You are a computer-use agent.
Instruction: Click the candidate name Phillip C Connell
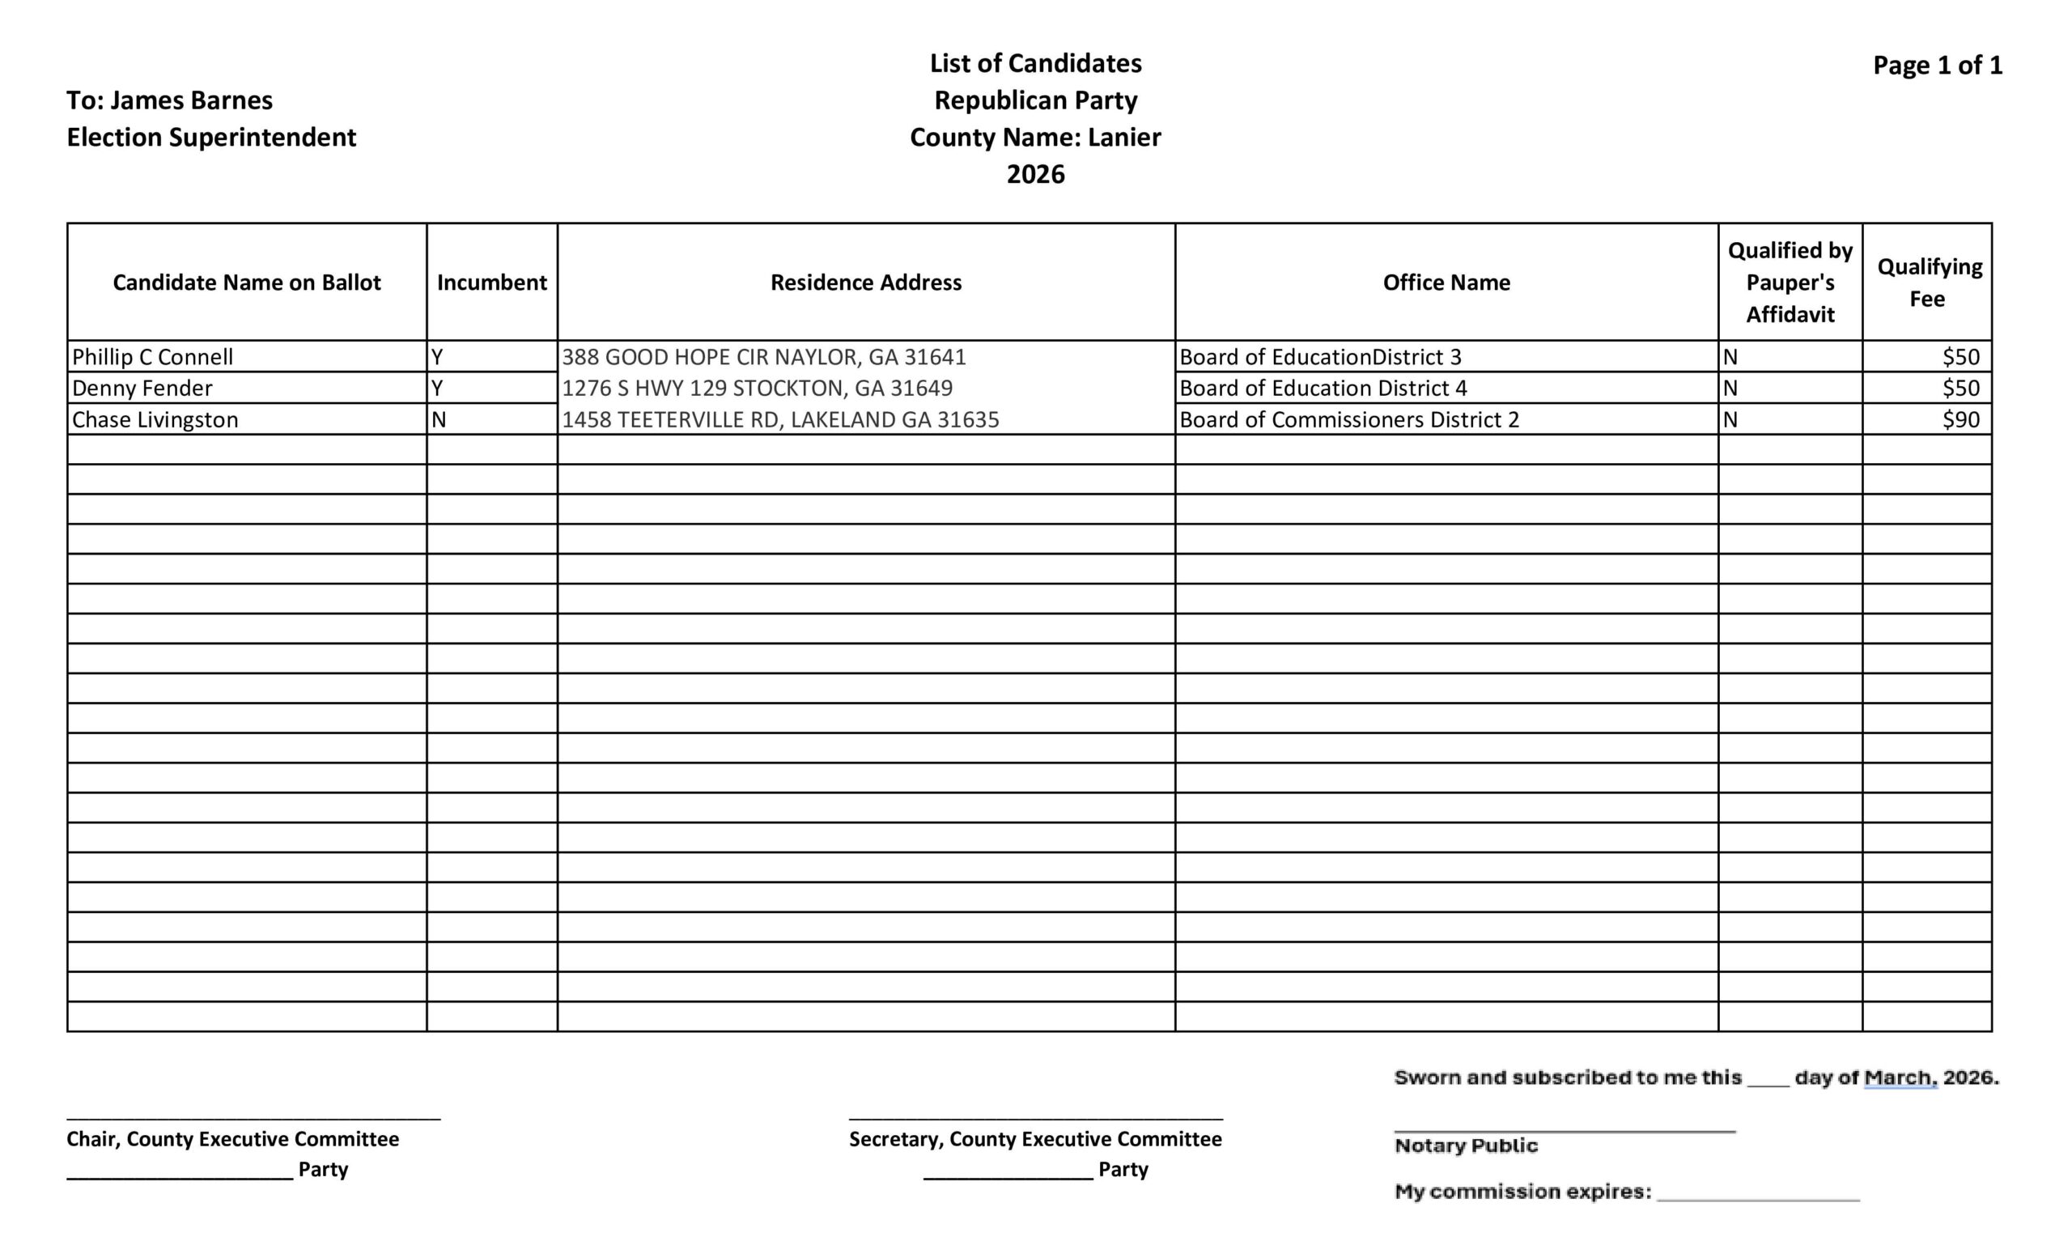pyautogui.click(x=152, y=356)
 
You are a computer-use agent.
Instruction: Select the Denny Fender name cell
pyautogui.click(x=142, y=388)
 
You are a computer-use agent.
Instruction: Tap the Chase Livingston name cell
pyautogui.click(x=155, y=419)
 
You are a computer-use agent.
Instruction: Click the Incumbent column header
pyautogui.click(x=491, y=282)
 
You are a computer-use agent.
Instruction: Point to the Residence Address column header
pyautogui.click(x=865, y=282)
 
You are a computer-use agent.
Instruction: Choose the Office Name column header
pyautogui.click(x=1446, y=282)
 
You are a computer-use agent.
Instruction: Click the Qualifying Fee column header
pyautogui.click(x=1929, y=282)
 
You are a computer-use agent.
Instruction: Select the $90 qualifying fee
pyautogui.click(x=1960, y=419)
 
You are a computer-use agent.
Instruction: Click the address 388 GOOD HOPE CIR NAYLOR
pyautogui.click(x=763, y=356)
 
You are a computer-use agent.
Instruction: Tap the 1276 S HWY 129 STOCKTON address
pyautogui.click(x=757, y=388)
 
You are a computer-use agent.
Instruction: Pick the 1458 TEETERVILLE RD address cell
pyautogui.click(x=779, y=419)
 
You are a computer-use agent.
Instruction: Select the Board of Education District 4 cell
pyautogui.click(x=1323, y=388)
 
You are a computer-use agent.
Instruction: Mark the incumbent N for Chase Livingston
pyautogui.click(x=438, y=419)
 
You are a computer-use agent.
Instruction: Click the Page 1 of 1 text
pyautogui.click(x=1937, y=65)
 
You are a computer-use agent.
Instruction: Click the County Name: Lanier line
pyautogui.click(x=1035, y=137)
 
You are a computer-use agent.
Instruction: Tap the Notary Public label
pyautogui.click(x=1466, y=1145)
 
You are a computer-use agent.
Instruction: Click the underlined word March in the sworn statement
pyautogui.click(x=1900, y=1077)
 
